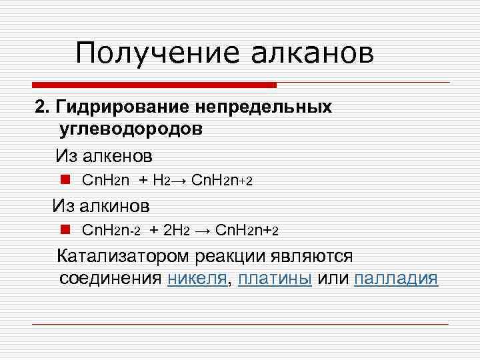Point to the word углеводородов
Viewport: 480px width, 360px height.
tap(131, 128)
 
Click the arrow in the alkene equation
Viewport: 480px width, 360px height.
tap(179, 181)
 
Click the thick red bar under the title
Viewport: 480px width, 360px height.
tap(154, 85)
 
